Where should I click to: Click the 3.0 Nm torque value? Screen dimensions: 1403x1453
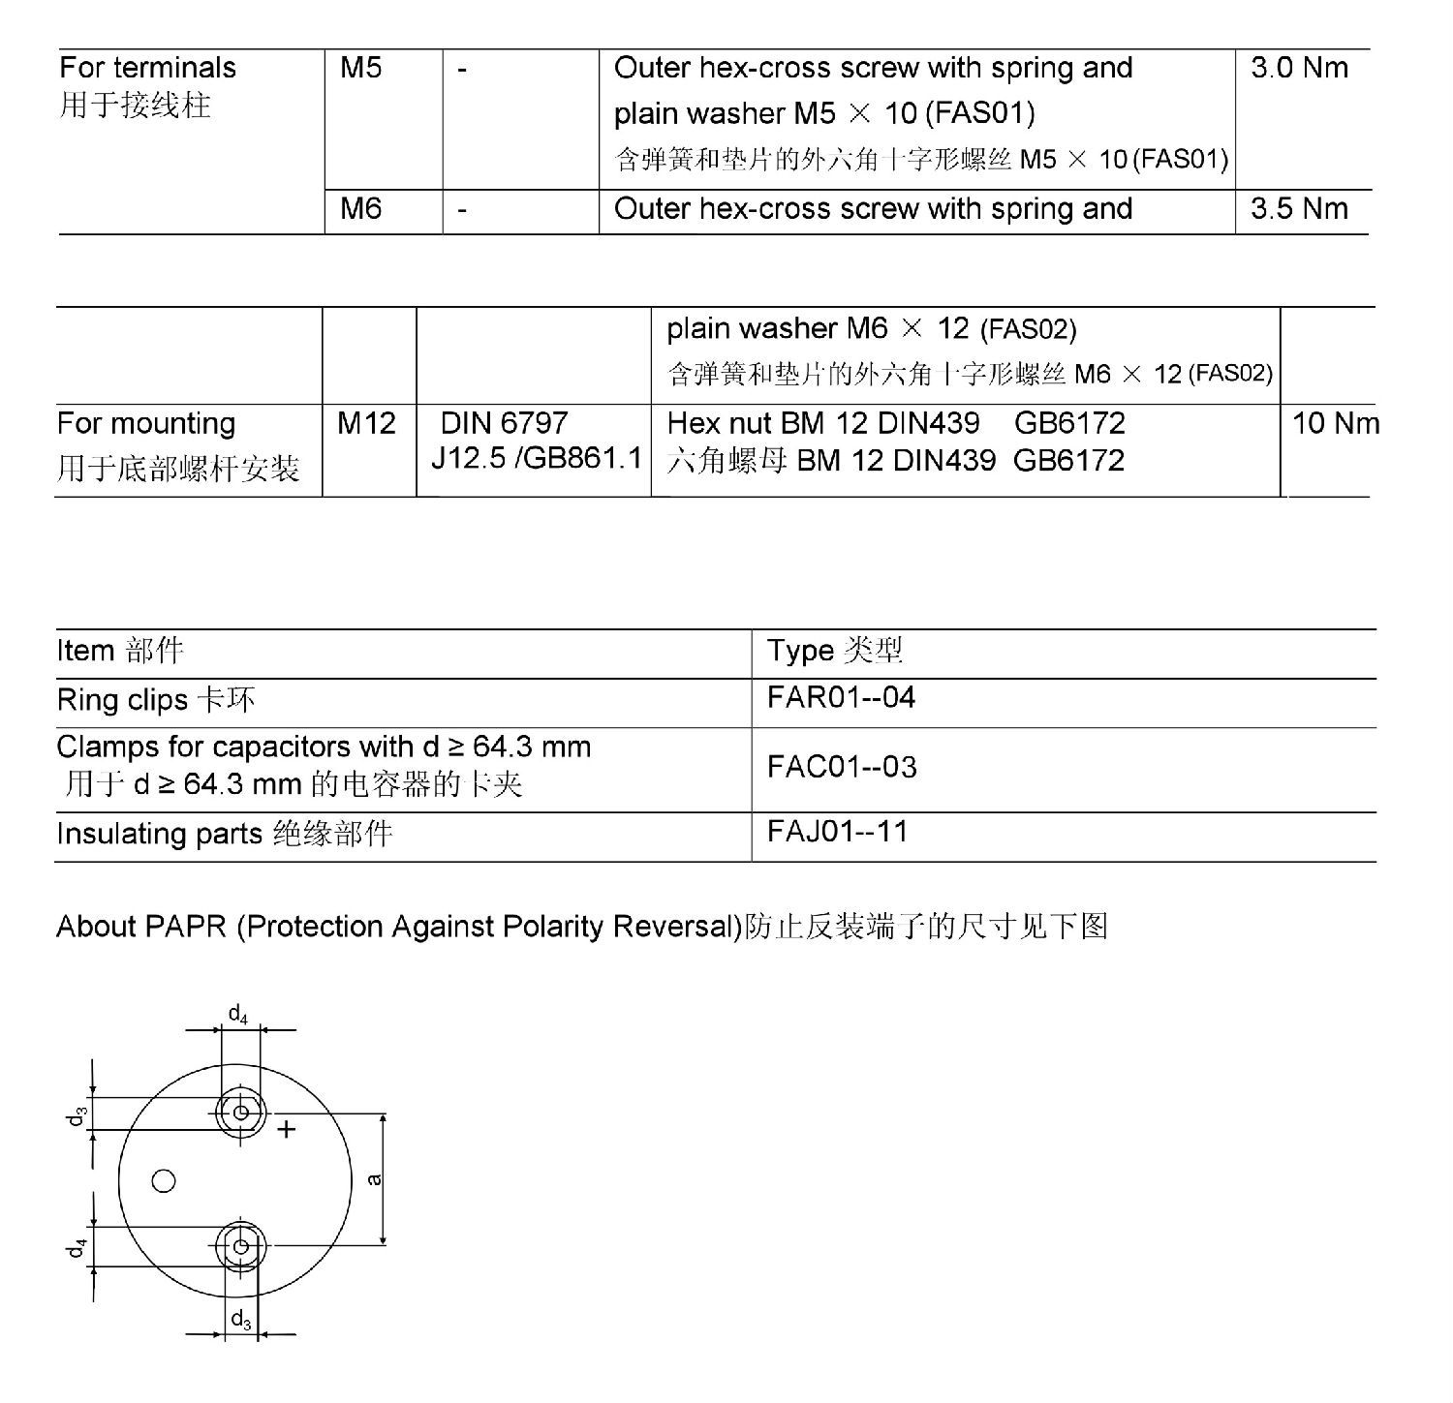1299,68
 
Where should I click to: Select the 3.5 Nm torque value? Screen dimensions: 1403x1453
1299,209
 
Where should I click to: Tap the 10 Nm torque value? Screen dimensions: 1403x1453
1335,423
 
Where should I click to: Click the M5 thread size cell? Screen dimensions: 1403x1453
361,68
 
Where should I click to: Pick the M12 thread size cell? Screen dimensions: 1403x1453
366,423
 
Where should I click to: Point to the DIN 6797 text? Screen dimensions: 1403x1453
504,423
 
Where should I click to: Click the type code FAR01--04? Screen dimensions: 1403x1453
841,698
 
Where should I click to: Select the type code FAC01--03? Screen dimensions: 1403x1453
841,767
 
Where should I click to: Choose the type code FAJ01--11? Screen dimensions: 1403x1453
838,832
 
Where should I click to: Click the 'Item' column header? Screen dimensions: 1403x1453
85,651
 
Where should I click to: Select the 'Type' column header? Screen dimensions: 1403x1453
800,651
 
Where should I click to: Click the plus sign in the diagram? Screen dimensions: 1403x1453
287,1129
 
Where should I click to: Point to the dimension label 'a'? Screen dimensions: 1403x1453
375,1178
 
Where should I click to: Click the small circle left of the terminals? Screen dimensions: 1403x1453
164,1180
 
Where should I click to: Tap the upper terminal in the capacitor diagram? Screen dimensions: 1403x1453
240,1113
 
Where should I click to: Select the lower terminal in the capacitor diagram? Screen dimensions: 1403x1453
241,1246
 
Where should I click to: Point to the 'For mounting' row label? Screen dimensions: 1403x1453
146,423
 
